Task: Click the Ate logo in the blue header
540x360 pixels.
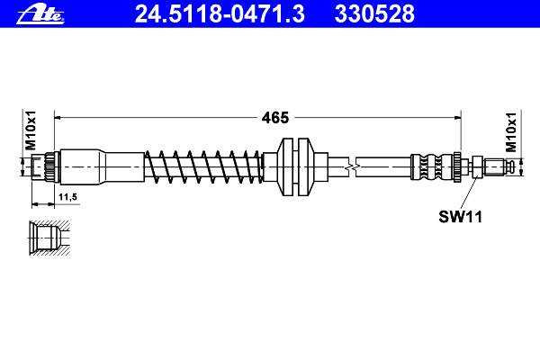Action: point(40,14)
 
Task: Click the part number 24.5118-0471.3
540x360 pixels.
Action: point(220,14)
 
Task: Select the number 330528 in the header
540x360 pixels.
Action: point(374,14)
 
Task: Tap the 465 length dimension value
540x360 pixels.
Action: point(275,118)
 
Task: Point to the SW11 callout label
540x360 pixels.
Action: point(460,217)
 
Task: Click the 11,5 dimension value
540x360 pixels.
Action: point(67,197)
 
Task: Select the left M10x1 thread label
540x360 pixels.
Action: point(31,130)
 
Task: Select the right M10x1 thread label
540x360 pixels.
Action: point(510,132)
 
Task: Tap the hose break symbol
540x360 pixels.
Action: point(352,167)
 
